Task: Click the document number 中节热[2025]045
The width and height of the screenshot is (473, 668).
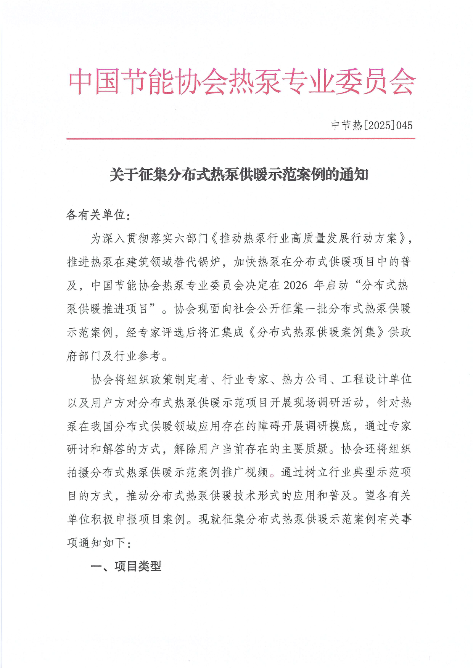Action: pyautogui.click(x=372, y=125)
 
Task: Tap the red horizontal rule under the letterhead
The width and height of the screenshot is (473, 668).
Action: pyautogui.click(x=241, y=139)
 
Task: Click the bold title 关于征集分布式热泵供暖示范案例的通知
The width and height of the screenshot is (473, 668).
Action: pyautogui.click(x=239, y=175)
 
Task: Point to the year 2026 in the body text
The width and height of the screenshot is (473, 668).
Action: pyautogui.click(x=295, y=285)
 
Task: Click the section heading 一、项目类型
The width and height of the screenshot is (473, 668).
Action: pyautogui.click(x=126, y=566)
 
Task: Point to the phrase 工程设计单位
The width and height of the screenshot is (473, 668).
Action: pyautogui.click(x=376, y=379)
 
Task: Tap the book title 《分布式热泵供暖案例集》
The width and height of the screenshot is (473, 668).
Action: pyautogui.click(x=316, y=332)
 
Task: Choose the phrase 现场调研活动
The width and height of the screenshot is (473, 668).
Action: pyautogui.click(x=329, y=403)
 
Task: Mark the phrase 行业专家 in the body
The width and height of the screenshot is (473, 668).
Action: pyautogui.click(x=245, y=379)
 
